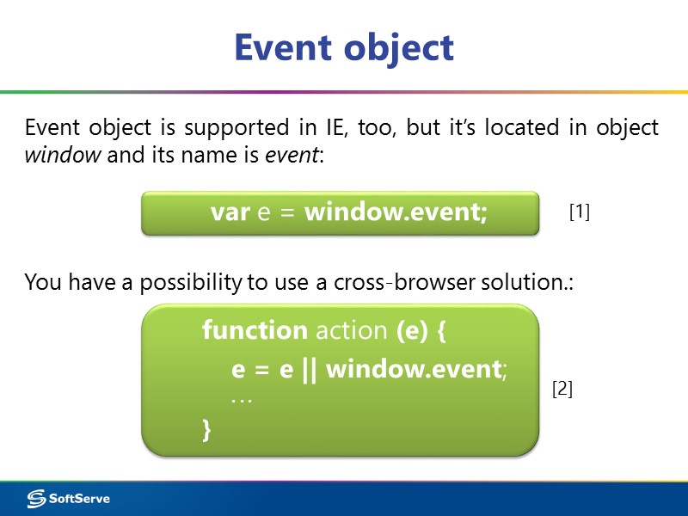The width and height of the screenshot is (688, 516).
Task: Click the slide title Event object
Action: pos(344,48)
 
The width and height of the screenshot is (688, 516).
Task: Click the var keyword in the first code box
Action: pos(230,212)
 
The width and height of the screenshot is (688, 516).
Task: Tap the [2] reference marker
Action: pos(562,389)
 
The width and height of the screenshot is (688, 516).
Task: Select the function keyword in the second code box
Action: pos(255,330)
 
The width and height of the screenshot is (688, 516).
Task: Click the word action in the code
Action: pos(352,330)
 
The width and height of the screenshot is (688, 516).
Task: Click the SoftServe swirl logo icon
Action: pos(36,498)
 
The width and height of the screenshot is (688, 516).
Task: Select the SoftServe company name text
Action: pos(79,498)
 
